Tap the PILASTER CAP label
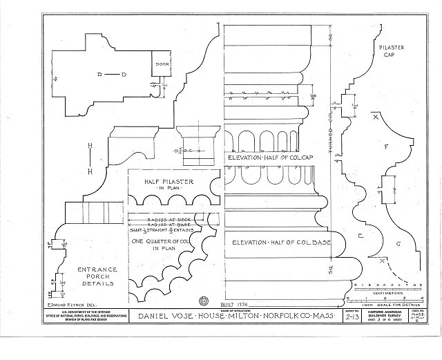coord(391,52)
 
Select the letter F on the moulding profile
coord(386,146)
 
